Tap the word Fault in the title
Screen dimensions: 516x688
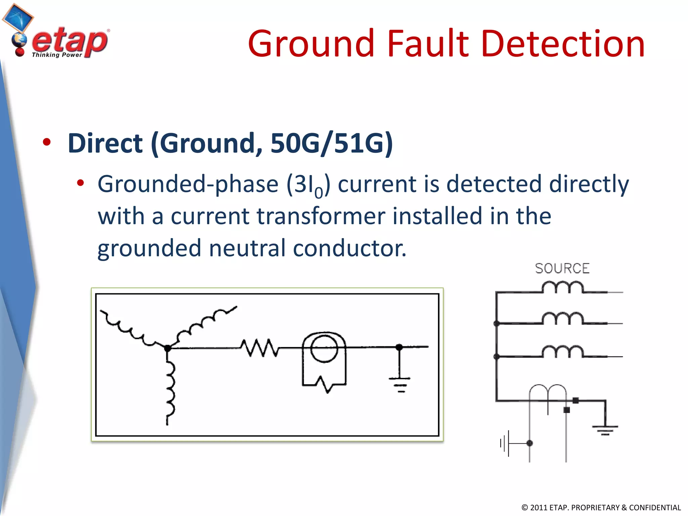[x=427, y=44]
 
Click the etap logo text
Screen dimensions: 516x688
[x=70, y=42]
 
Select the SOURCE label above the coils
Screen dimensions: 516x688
[x=562, y=268]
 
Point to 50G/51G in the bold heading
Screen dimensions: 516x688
[x=331, y=143]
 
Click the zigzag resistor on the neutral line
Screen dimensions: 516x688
[x=259, y=348]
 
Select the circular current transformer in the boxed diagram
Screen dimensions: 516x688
[x=324, y=348]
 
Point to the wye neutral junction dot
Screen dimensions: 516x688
[x=167, y=348]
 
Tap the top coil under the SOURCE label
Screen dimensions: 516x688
[x=563, y=288]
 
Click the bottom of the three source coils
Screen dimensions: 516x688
[x=563, y=352]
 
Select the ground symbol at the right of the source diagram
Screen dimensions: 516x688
[x=605, y=429]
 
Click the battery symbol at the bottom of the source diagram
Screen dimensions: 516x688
[x=506, y=443]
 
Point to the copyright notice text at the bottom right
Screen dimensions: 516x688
[x=601, y=507]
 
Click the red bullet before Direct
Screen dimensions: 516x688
[x=47, y=142]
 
